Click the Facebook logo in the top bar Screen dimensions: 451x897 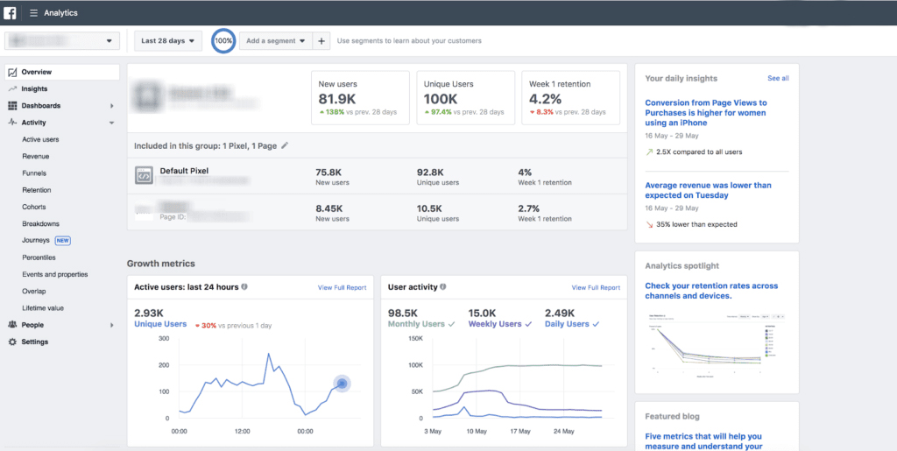pos(11,13)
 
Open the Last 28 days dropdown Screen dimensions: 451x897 pos(168,40)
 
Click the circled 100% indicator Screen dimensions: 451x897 pos(223,40)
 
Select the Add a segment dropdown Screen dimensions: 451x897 pos(276,40)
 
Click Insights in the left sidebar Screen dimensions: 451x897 pos(34,88)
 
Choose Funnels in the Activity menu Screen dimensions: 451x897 pos(34,173)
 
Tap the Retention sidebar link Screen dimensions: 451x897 pos(37,190)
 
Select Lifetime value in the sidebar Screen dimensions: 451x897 pos(43,308)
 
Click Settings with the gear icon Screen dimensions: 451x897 pos(35,342)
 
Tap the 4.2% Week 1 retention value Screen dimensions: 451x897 pos(545,99)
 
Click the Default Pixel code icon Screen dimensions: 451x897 pos(144,176)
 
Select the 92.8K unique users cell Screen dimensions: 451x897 pos(431,172)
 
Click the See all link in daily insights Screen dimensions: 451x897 pos(778,78)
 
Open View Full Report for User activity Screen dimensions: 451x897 pos(596,287)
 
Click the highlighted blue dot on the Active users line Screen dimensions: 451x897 pos(342,384)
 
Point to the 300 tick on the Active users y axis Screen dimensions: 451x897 pos(163,337)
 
